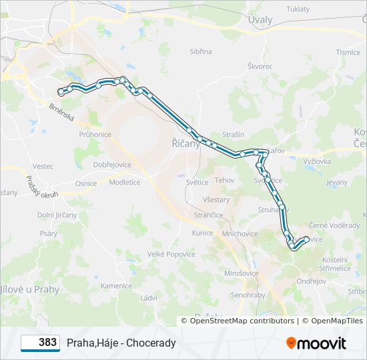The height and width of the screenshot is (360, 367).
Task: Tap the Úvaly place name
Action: point(260,19)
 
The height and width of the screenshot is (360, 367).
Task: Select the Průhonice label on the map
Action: point(95,134)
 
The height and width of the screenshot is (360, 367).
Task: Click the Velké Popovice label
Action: point(171,254)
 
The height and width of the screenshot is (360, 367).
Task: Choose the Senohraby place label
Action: point(248,295)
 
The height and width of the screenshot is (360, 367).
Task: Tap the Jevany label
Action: point(337,181)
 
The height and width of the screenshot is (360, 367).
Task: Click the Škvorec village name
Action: point(260,66)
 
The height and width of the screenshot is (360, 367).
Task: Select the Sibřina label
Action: point(200,51)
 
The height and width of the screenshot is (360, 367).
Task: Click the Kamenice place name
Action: point(116,286)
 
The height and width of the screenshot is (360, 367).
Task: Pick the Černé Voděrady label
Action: point(334,225)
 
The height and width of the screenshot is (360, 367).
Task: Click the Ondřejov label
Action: point(311,281)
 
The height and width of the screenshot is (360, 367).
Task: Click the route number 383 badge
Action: point(41,343)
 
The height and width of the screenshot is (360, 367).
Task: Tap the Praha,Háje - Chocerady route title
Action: point(121,343)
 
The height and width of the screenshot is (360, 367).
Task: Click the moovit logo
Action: point(316,343)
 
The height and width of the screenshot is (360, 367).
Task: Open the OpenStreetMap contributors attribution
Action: point(242,321)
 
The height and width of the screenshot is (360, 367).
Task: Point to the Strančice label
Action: point(208,215)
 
